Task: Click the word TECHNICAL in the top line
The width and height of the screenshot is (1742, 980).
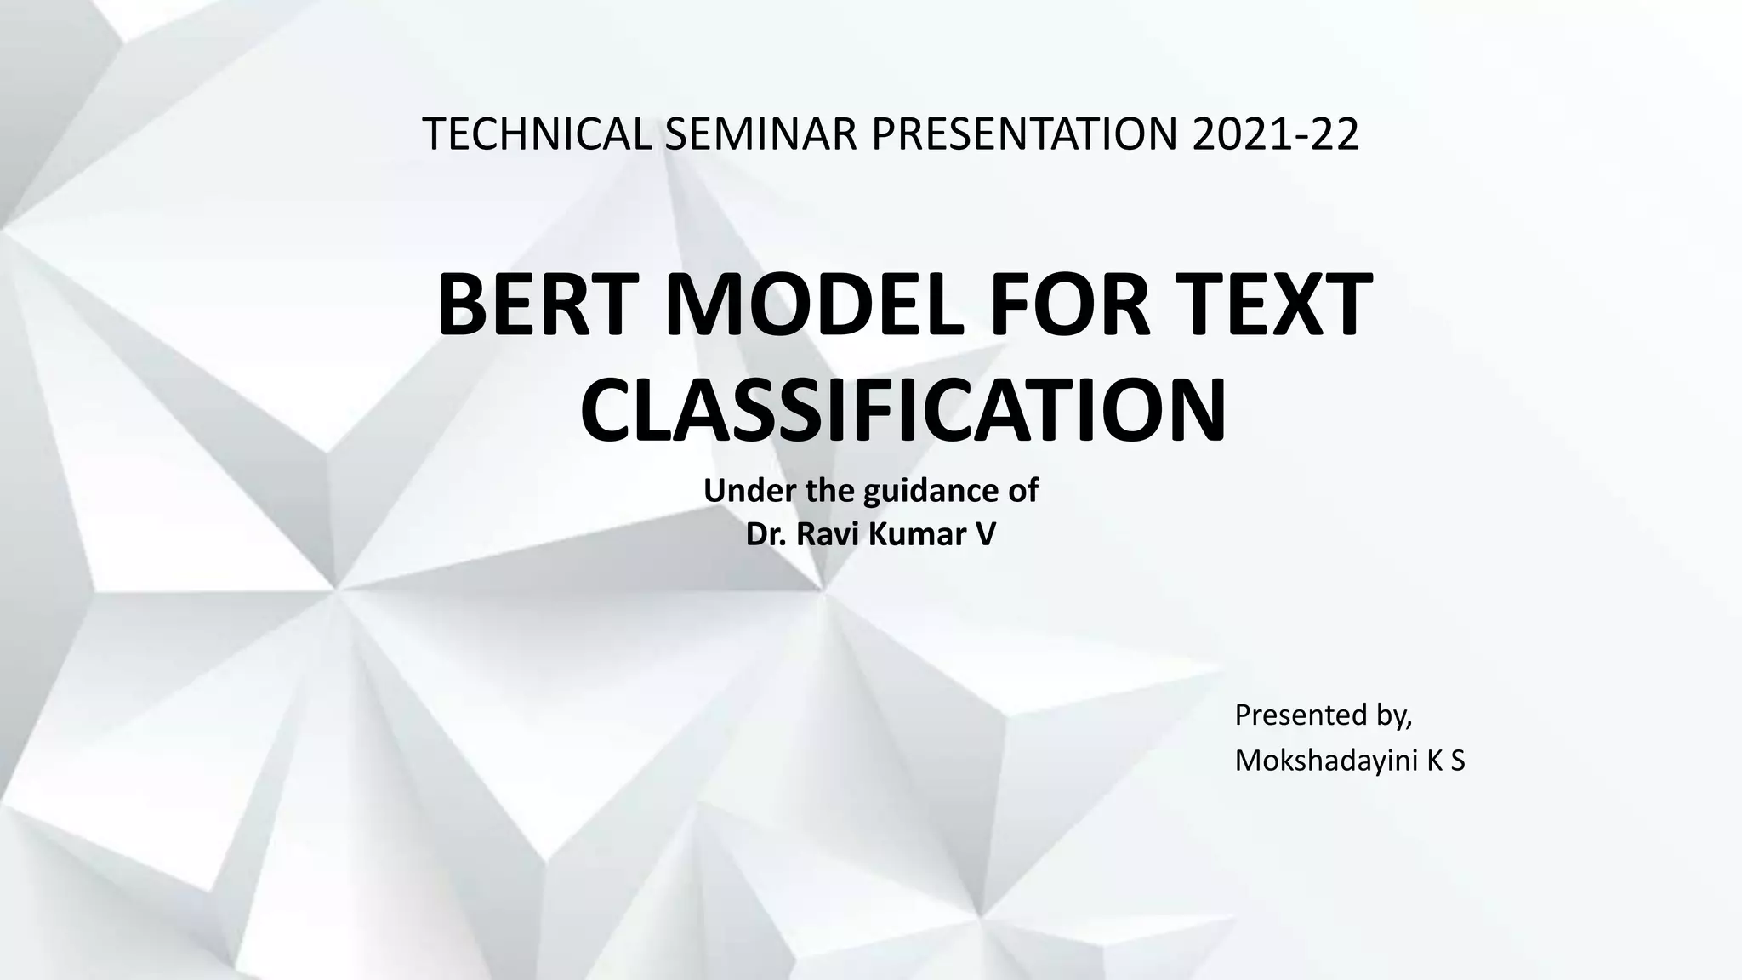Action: click(537, 134)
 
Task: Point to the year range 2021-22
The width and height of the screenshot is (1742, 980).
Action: click(1275, 134)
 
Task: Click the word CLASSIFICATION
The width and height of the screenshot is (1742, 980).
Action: click(902, 411)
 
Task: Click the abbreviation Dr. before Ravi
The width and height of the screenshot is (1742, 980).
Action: click(766, 534)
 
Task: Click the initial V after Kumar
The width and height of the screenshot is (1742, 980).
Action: click(985, 534)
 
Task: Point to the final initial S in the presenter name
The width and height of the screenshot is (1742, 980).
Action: click(1458, 761)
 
